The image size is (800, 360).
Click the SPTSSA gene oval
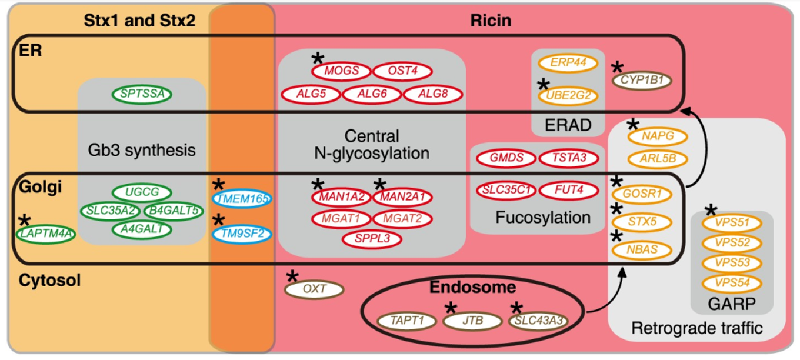pos(142,94)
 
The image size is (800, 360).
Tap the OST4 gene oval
pos(402,71)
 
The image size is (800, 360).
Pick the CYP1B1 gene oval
pos(642,81)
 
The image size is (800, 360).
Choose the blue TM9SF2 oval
pos(242,234)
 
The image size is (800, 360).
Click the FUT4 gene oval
pos(569,191)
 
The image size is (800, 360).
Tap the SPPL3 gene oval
pos(372,239)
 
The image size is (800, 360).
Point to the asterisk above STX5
pos(616,209)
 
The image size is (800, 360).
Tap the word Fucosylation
pos(542,217)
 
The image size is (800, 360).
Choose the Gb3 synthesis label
pos(142,149)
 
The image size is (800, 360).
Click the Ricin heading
pos(491,21)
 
